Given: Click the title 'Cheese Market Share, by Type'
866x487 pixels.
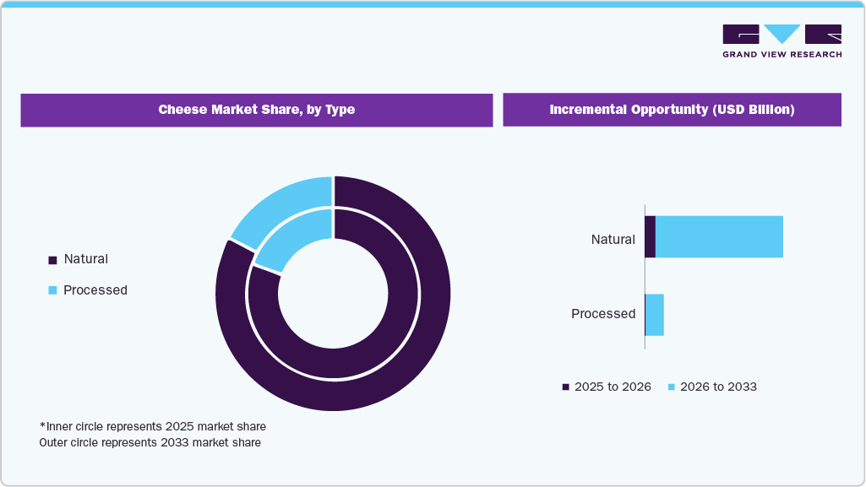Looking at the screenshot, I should click(x=256, y=110).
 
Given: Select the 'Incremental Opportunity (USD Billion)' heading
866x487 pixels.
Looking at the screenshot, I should click(x=672, y=110).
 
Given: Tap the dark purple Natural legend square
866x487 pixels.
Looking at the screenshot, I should click(x=52, y=260).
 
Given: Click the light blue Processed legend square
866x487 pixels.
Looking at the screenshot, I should click(x=52, y=290).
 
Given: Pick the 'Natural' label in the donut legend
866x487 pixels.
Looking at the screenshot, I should click(x=85, y=259).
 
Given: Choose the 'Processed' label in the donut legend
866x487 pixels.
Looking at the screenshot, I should click(x=95, y=290).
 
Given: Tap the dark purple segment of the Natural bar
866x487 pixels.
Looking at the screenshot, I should click(x=650, y=237).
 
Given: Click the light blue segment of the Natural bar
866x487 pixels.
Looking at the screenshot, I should click(x=719, y=237).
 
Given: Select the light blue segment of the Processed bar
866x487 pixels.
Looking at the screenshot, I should click(x=655, y=315).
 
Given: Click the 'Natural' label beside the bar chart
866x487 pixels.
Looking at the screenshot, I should click(x=613, y=240).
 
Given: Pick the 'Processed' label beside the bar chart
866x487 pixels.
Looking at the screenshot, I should click(x=602, y=314).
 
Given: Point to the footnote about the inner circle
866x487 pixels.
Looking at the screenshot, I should click(x=153, y=426).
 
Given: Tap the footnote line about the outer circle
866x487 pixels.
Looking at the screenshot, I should click(x=150, y=442).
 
